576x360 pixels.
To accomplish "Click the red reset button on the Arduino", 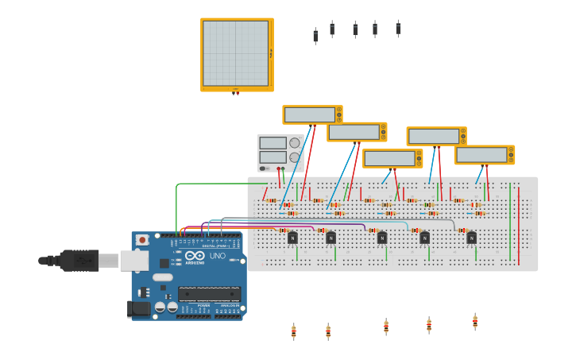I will (142, 239).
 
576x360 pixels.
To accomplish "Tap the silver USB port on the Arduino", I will (133, 260).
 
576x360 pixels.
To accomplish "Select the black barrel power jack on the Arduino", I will (139, 308).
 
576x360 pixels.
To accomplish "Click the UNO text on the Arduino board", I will (217, 255).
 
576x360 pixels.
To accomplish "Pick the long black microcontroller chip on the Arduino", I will (209, 293).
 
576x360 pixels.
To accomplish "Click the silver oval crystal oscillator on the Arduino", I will (162, 277).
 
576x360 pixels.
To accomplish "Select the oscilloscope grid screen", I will (235, 53).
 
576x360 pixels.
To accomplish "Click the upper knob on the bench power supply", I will (295, 143).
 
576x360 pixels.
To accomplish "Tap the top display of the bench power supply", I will (273, 143).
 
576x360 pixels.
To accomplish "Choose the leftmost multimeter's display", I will (309, 114).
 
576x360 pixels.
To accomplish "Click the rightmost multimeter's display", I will (481, 154).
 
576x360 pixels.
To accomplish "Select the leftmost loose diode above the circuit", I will (315, 37).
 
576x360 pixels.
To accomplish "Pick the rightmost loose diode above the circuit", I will (398, 29).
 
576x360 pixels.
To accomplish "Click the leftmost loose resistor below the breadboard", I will (293, 331).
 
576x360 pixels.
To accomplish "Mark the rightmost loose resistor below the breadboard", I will (475, 321).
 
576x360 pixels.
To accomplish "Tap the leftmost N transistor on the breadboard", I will (292, 238).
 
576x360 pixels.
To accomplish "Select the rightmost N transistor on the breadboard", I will (471, 238).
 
